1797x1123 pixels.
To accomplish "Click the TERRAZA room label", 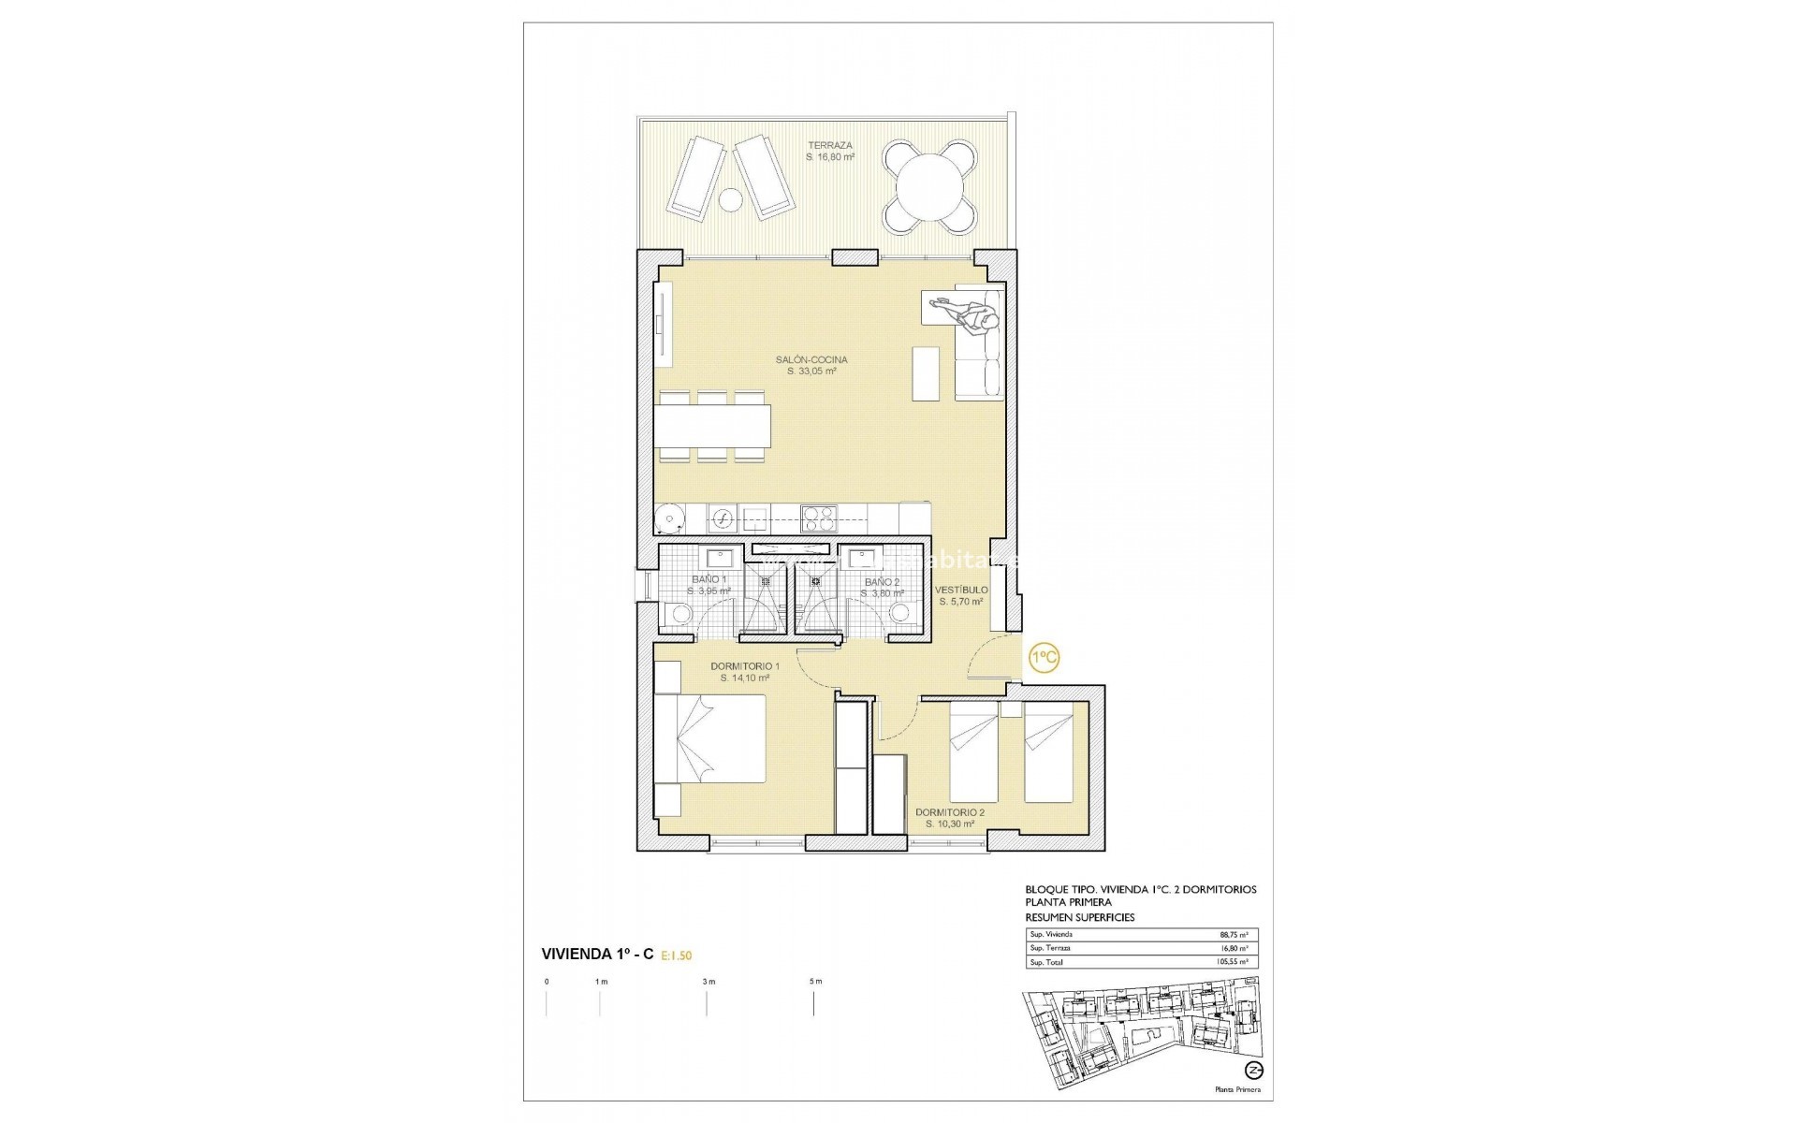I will [x=831, y=146].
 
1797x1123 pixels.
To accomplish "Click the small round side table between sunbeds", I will [x=728, y=199].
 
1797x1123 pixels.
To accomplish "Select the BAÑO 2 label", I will [x=882, y=581].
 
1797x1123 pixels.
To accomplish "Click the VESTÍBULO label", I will [x=962, y=590].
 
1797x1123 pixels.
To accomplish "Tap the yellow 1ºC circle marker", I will [x=1044, y=658].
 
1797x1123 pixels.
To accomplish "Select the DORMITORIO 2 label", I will [x=950, y=812].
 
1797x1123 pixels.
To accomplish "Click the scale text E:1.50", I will [x=677, y=955].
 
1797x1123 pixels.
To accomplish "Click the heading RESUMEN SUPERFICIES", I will [x=1080, y=917].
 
